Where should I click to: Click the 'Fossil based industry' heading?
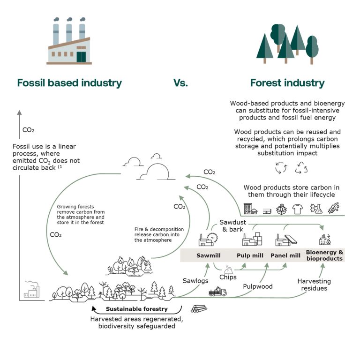[69, 83]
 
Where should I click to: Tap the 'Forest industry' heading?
[287, 83]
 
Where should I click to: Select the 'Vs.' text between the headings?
[180, 83]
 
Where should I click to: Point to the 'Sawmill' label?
[206, 256]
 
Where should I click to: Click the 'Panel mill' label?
[285, 256]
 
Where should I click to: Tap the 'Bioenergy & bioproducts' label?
[324, 255]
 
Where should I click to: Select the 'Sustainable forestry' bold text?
[136, 309]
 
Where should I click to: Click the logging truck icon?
[217, 292]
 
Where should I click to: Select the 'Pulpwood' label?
[258, 286]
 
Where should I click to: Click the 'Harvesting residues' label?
[314, 285]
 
